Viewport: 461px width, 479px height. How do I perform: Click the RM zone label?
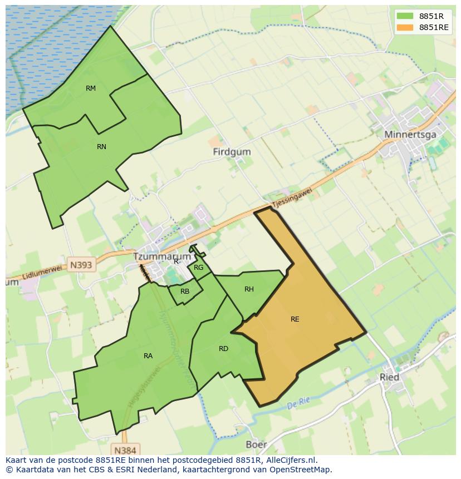[91, 88]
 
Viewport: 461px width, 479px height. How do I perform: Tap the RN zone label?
[101, 147]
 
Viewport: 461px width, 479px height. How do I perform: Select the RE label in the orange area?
[295, 319]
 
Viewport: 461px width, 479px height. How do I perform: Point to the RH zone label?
[249, 289]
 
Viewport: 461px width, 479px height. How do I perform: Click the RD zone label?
[223, 349]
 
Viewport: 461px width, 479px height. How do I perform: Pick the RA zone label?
[148, 356]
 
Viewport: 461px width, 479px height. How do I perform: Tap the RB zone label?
[185, 292]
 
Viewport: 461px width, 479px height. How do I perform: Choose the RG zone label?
[199, 268]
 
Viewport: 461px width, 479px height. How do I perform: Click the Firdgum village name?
[232, 152]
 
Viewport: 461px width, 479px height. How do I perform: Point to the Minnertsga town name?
[410, 135]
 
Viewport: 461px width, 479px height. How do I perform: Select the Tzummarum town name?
[161, 257]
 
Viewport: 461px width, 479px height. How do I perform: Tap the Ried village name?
[389, 377]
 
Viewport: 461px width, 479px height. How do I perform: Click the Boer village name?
[256, 445]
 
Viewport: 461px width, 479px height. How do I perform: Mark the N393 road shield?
[81, 265]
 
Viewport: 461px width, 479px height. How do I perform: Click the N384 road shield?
[125, 450]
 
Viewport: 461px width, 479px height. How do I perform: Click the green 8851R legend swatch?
[405, 16]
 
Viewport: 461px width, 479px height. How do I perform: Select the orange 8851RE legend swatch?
[405, 27]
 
